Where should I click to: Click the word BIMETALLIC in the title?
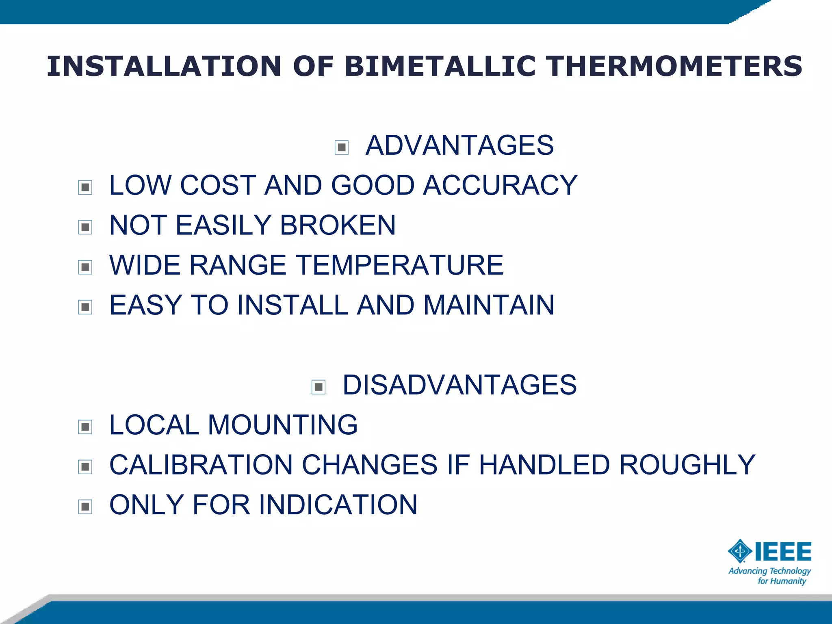tap(440, 66)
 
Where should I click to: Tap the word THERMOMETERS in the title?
tap(674, 66)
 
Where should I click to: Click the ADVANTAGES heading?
tap(459, 145)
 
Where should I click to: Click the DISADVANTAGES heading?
tap(459, 385)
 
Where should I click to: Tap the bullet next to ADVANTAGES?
tap(342, 147)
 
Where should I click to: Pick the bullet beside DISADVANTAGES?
tap(318, 387)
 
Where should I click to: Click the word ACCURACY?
tap(500, 185)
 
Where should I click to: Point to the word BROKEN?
tap(338, 225)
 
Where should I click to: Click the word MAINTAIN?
tap(489, 305)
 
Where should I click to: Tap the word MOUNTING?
tap(283, 425)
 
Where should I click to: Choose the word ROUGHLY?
tap(687, 465)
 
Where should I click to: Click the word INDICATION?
tap(338, 505)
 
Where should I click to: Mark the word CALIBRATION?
tap(201, 465)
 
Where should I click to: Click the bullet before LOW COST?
tap(85, 187)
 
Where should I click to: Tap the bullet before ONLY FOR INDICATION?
tap(85, 507)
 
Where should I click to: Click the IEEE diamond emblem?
tap(740, 551)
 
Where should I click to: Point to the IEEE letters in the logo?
tap(783, 552)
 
